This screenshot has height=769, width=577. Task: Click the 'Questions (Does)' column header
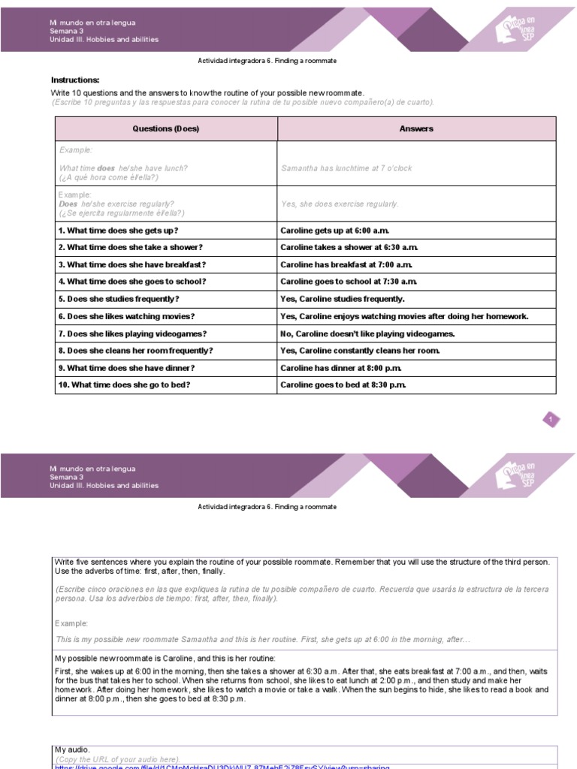(x=166, y=128)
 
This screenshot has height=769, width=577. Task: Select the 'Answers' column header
(x=416, y=128)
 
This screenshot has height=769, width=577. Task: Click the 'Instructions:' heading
(x=75, y=80)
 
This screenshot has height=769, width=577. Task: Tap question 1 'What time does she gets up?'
(x=118, y=231)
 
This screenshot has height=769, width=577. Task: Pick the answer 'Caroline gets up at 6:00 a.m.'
(x=335, y=231)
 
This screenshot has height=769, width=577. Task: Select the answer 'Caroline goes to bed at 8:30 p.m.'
(x=343, y=385)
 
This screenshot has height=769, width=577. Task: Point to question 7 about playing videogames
(x=132, y=333)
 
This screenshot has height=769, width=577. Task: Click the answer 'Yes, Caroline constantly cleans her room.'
(x=360, y=351)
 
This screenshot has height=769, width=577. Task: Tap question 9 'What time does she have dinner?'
(x=126, y=368)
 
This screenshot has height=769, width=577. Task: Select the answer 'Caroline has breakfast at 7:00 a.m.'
(x=346, y=264)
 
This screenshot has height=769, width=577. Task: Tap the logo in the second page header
(x=518, y=475)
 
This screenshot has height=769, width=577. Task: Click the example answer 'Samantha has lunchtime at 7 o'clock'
(x=346, y=168)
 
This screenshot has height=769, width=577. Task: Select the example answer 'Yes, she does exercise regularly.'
(x=340, y=204)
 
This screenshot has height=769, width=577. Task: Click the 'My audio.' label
(x=72, y=749)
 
